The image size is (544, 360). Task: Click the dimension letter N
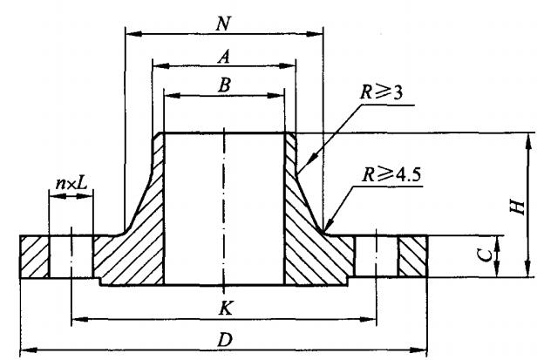coord(225,17)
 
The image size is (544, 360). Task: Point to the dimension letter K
coord(224,308)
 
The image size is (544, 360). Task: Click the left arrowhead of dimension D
coord(23,351)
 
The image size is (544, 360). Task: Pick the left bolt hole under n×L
coord(71,257)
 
